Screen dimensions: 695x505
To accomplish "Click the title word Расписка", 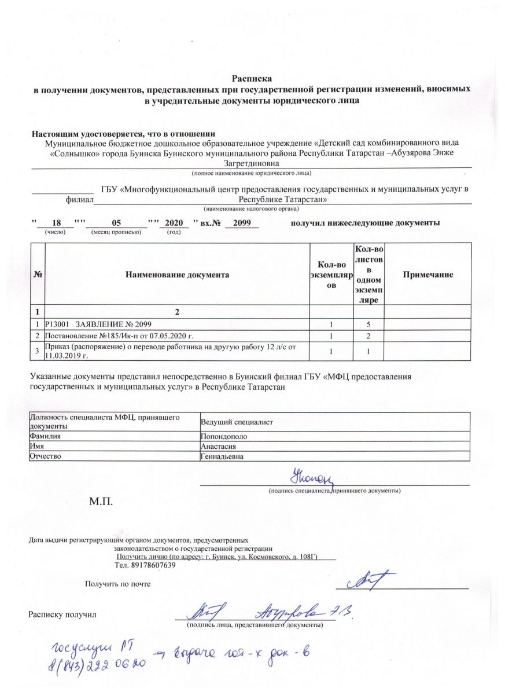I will pyautogui.click(x=252, y=78).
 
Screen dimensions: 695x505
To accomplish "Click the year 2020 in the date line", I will pyautogui.click(x=174, y=223).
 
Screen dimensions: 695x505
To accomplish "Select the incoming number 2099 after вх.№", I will pyautogui.click(x=241, y=223).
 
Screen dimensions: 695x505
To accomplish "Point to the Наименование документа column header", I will pyautogui.click(x=177, y=275).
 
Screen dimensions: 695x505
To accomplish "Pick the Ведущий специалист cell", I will pyautogui.click(x=236, y=421).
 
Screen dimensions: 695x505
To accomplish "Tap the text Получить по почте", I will pyautogui.click(x=117, y=584).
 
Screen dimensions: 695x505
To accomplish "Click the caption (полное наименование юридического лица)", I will pyautogui.click(x=252, y=173).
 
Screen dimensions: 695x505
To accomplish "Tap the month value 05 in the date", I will pyautogui.click(x=115, y=223).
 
